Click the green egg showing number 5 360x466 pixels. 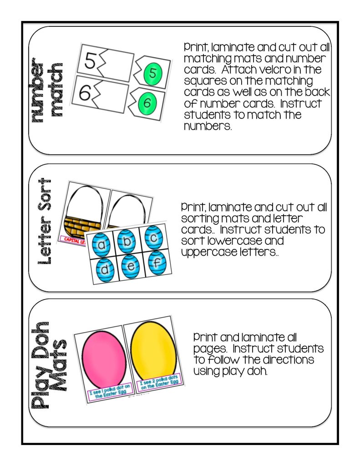(x=152, y=73)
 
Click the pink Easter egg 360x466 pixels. (x=101, y=357)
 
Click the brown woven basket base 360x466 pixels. (x=83, y=225)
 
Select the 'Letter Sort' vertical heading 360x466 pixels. (x=46, y=222)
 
